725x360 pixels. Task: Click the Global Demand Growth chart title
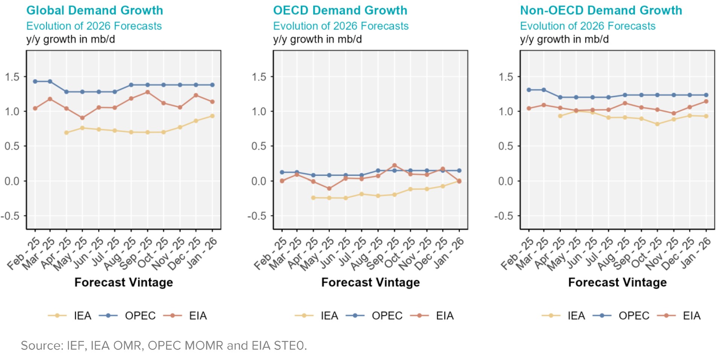(94, 10)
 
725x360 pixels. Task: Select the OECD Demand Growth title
(340, 10)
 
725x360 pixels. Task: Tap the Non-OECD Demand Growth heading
(601, 10)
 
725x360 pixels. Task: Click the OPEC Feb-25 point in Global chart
(35, 81)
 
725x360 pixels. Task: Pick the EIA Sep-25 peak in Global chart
(148, 92)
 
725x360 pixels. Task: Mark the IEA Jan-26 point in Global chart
(212, 116)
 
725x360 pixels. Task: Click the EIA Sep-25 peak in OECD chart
(394, 165)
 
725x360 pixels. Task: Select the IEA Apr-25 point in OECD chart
(313, 198)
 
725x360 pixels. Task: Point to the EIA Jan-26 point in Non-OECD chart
(706, 101)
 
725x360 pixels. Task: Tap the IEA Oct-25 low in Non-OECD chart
(657, 124)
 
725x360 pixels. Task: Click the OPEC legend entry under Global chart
(140, 316)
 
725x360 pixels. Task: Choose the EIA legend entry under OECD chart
(445, 316)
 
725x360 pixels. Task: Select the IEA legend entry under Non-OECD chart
(576, 316)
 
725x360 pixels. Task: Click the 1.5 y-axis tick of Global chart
(12, 77)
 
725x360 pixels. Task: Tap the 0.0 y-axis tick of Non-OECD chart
(506, 181)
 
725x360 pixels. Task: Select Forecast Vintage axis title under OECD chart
(370, 282)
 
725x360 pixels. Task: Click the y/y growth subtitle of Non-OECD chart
(564, 39)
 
